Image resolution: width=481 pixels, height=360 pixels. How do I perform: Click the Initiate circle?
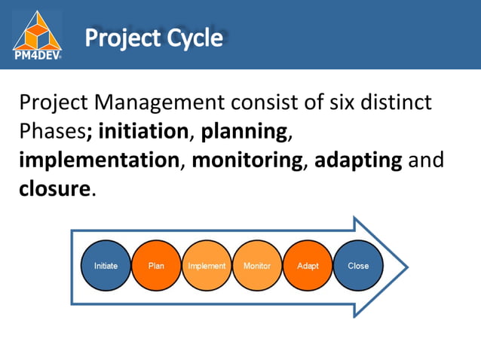point(106,266)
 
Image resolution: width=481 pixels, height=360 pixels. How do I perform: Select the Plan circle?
point(157,266)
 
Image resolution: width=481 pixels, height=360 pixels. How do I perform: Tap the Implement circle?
point(207,266)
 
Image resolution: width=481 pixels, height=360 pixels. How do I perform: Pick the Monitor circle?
point(257,266)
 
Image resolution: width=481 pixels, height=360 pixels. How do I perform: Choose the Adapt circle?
point(308,266)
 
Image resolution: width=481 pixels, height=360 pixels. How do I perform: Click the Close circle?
point(358,266)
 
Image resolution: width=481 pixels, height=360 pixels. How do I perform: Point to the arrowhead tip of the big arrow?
point(407,267)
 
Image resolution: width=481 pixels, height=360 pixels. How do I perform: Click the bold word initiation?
point(142,131)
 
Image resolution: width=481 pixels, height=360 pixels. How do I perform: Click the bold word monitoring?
point(247,160)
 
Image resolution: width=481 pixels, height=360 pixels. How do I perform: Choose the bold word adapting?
point(357,160)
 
